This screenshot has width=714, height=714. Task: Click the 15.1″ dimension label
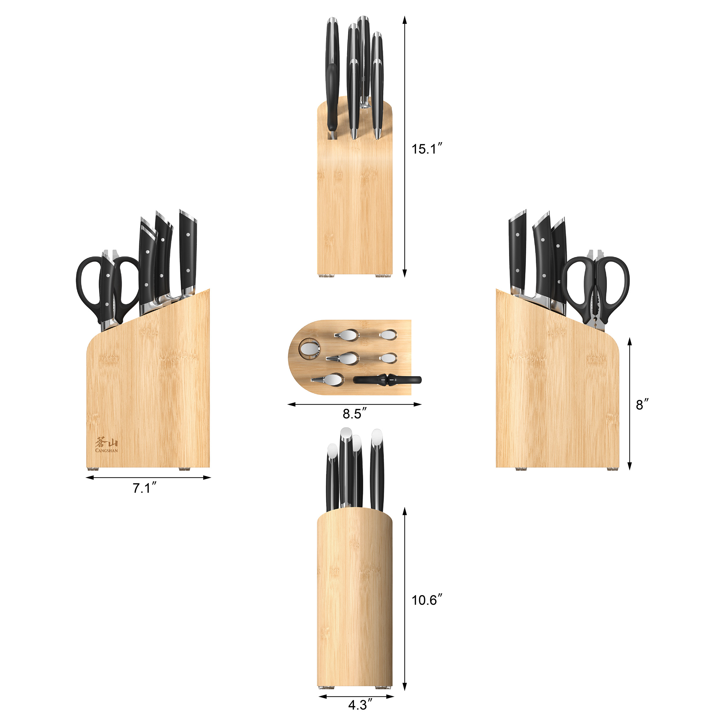coord(427,149)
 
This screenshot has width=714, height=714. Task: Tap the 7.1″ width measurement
coord(145,488)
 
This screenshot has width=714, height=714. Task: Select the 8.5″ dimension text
coord(354,414)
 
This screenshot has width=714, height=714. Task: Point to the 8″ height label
coord(642,405)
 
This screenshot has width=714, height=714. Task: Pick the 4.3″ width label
coord(360,704)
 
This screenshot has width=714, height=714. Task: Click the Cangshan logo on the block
coord(107,444)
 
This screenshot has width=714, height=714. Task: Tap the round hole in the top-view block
coord(310,348)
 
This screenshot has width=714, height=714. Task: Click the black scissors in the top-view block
coord(387,380)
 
